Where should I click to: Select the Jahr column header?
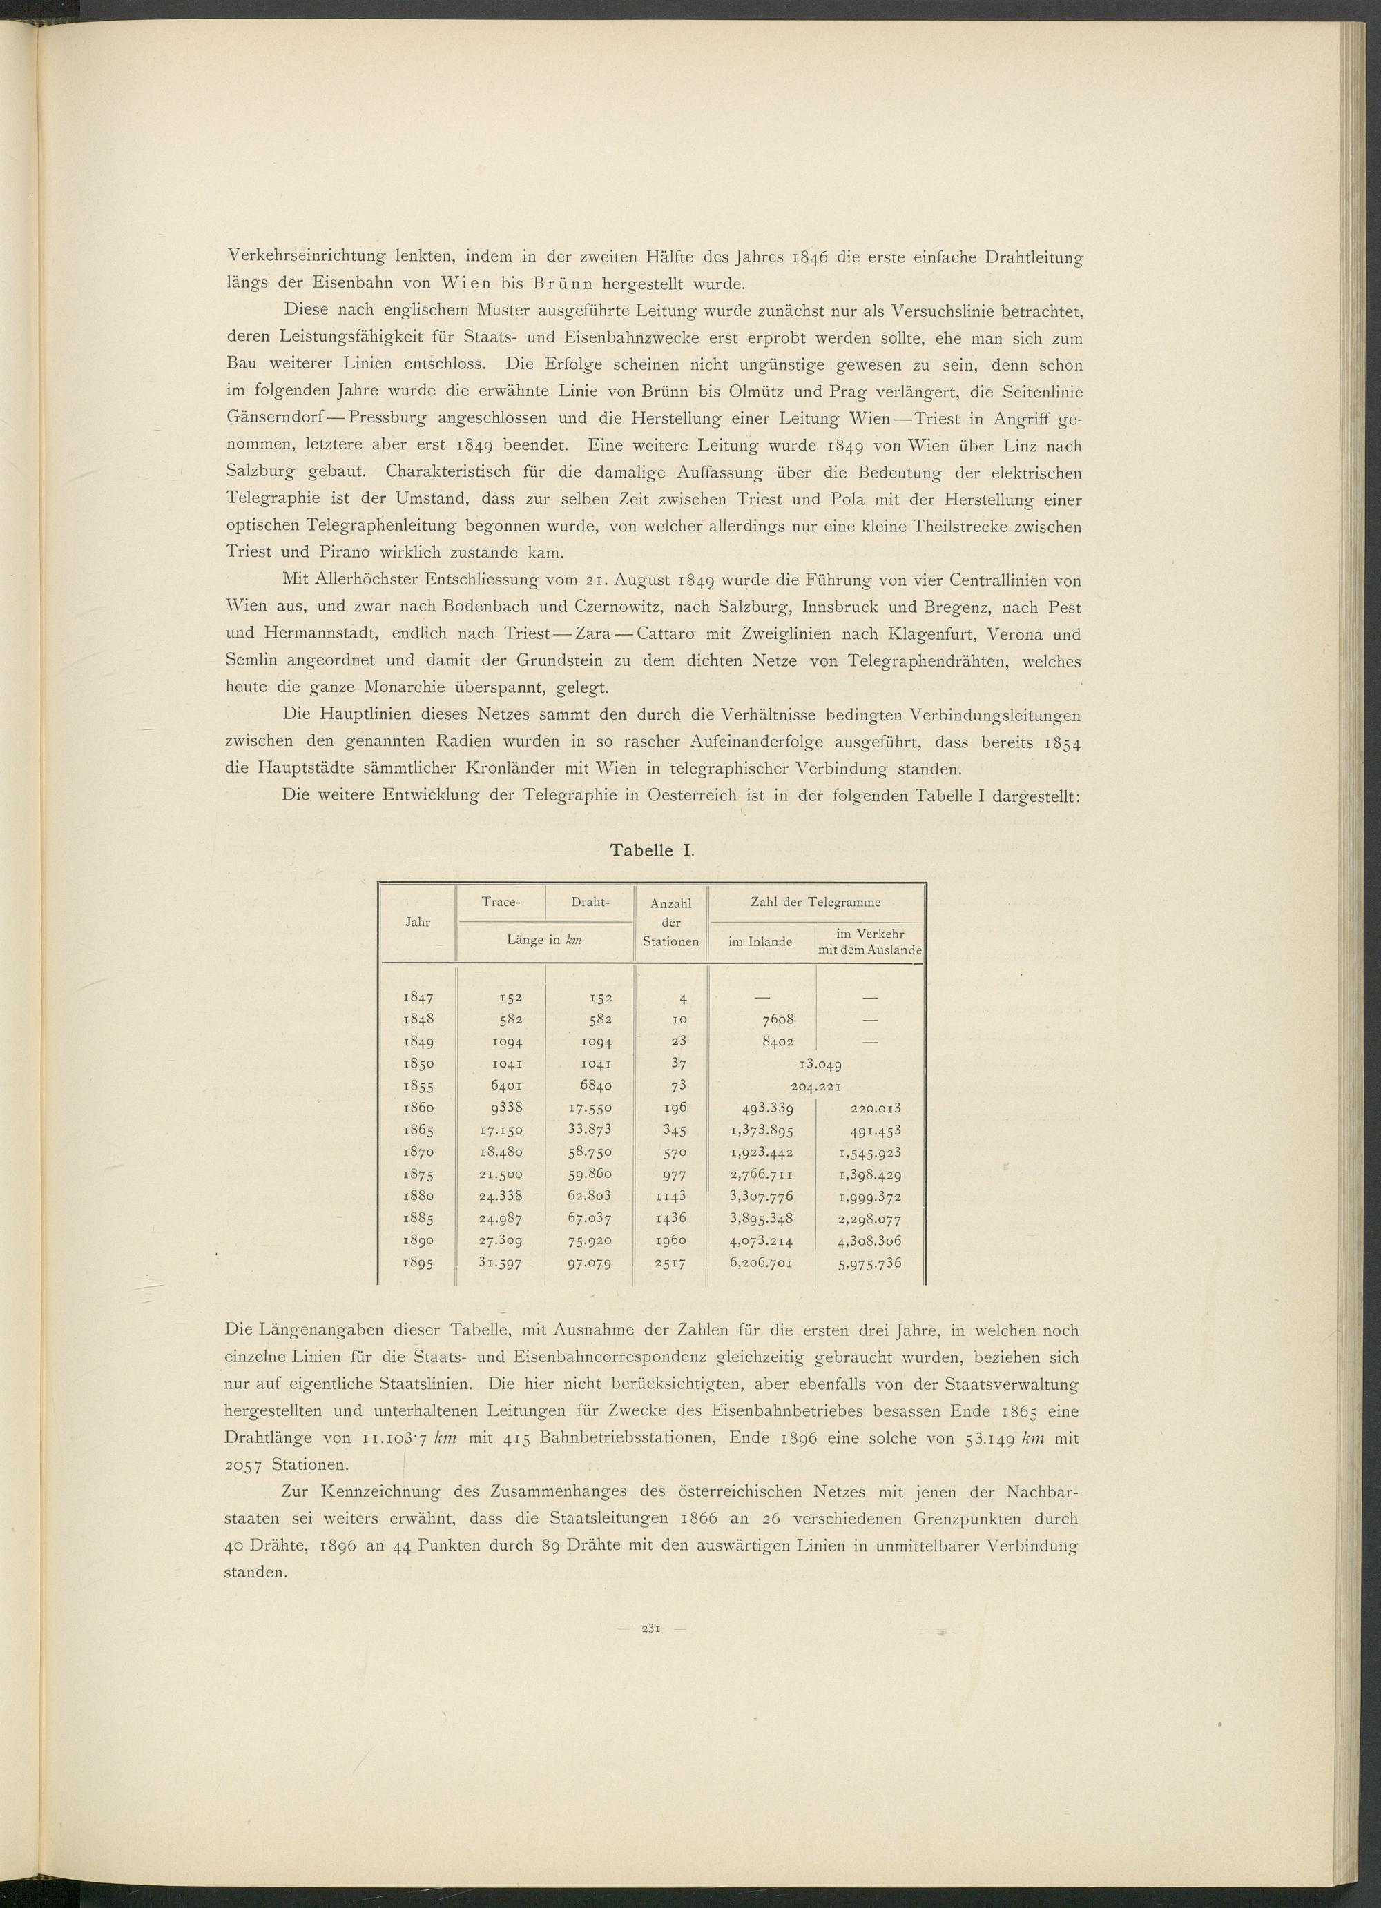click(418, 922)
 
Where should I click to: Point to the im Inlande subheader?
click(761, 941)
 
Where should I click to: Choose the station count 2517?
click(670, 1263)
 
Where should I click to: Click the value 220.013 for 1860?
click(872, 1108)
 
